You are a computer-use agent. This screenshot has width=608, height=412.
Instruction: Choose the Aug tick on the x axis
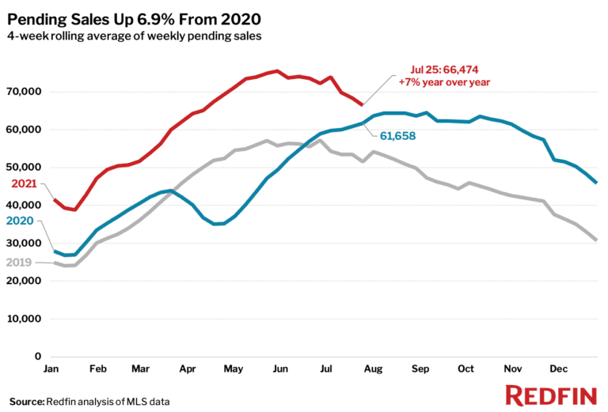[x=372, y=369]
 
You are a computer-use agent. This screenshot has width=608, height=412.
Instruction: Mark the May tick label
[x=234, y=369]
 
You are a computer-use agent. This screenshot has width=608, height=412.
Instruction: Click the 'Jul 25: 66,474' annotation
[x=443, y=70]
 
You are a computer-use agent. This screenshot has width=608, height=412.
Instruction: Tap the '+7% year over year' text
[x=444, y=81]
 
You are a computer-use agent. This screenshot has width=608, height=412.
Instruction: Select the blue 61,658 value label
[x=397, y=136]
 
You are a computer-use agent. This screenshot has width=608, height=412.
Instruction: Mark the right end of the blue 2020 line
[x=596, y=183]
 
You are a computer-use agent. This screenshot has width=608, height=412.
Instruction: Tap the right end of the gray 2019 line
[x=596, y=240]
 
